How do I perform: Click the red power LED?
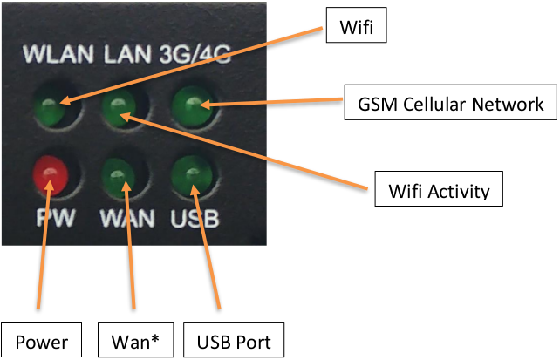(49, 173)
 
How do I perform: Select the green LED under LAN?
(120, 110)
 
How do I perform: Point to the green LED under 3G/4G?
(189, 108)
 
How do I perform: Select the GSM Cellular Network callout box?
(451, 104)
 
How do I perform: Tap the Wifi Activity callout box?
(439, 188)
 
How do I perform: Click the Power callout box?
(41, 340)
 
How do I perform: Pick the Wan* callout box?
(133, 340)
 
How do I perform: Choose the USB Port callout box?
(234, 340)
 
